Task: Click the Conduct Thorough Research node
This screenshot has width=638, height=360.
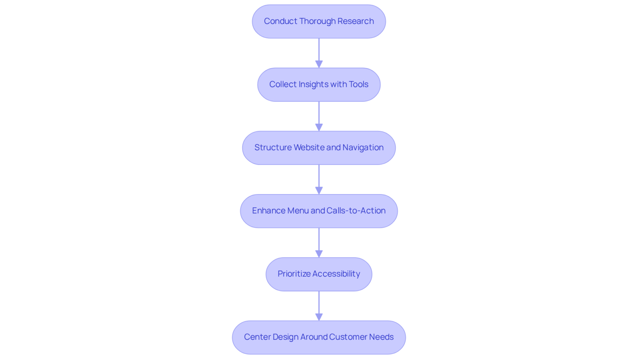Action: (x=319, y=22)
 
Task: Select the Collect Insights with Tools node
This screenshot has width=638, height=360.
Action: (x=319, y=85)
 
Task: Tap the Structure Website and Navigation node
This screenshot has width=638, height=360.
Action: (x=319, y=148)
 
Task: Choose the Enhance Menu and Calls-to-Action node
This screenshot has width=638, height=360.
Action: (x=319, y=211)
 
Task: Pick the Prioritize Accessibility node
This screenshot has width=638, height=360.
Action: (x=319, y=274)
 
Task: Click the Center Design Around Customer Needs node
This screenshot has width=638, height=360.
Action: (x=319, y=338)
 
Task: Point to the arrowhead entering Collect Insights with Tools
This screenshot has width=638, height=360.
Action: (x=319, y=64)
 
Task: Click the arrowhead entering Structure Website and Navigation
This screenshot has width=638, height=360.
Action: (x=319, y=127)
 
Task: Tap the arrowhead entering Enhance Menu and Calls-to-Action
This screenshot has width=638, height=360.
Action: (x=319, y=191)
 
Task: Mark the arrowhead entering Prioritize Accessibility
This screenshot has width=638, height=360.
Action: (x=319, y=254)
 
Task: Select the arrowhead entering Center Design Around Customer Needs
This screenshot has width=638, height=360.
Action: (x=319, y=317)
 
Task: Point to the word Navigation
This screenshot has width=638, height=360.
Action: (x=363, y=148)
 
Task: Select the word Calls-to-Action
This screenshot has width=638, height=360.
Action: (x=356, y=210)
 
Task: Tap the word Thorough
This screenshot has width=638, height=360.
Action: (x=317, y=22)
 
